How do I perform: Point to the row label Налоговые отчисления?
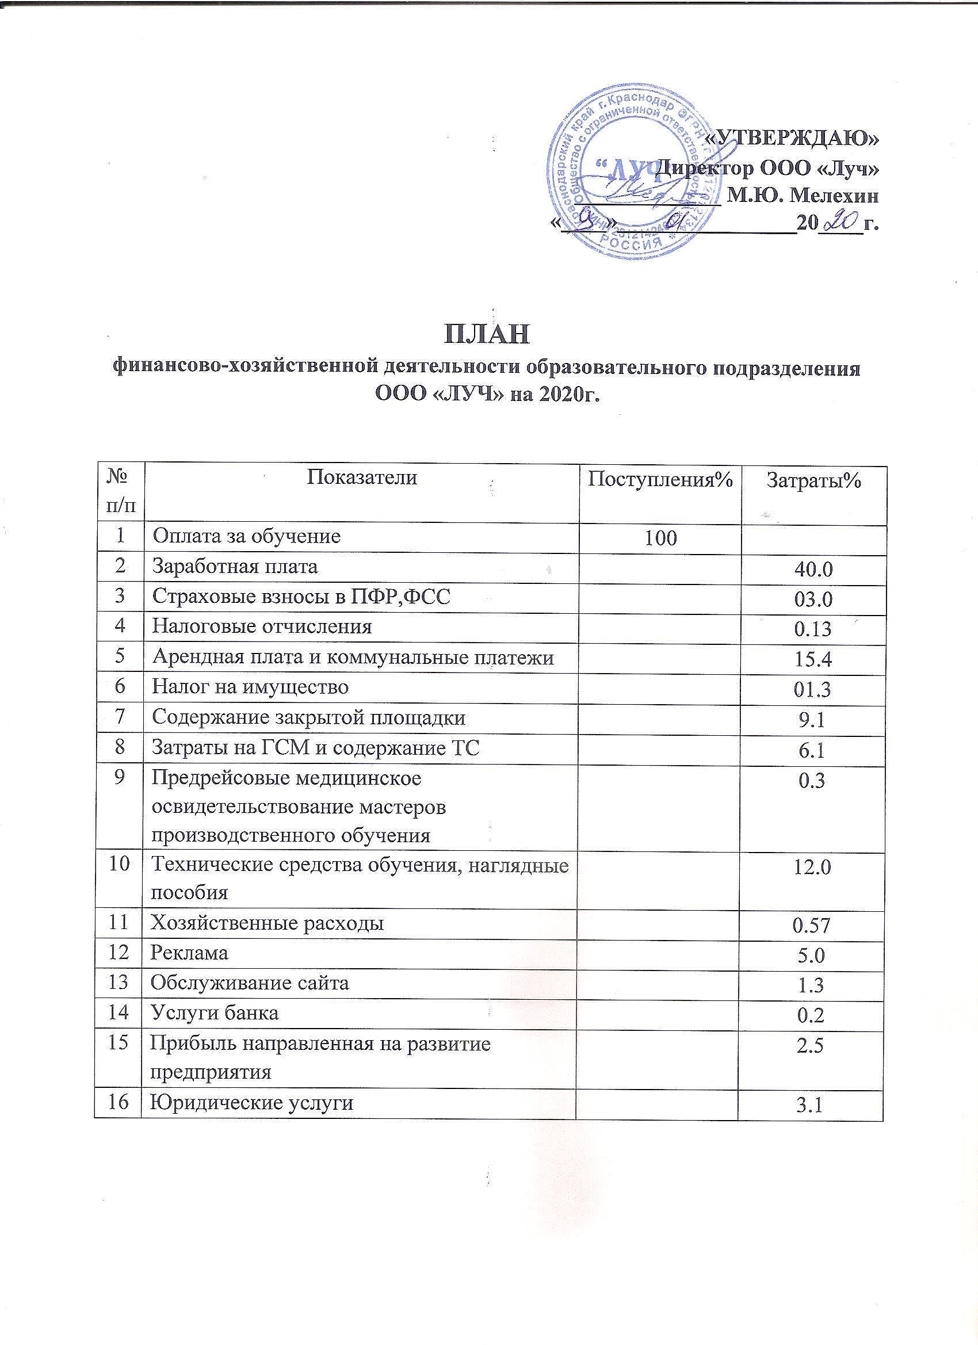[x=262, y=627]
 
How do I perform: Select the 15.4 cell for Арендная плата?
[x=813, y=659]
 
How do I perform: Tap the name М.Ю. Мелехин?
[x=803, y=194]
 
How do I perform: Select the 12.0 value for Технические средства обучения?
[x=813, y=867]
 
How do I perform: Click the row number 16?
[x=120, y=1102]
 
